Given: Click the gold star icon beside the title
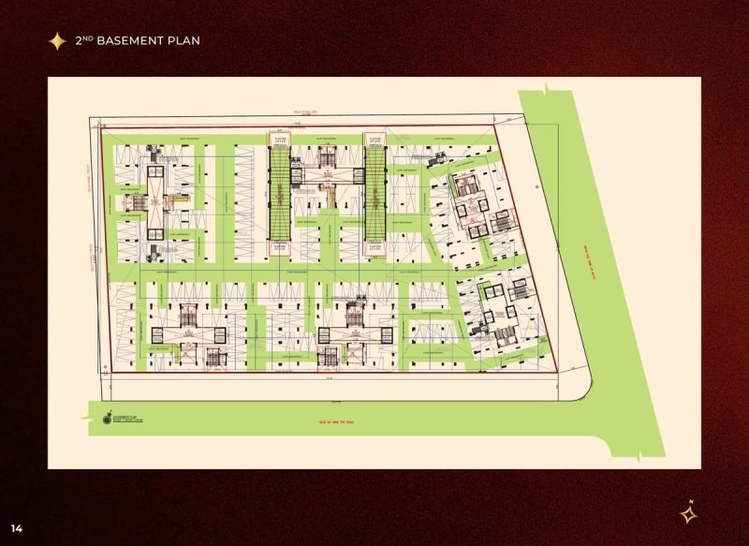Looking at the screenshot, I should pos(57,40).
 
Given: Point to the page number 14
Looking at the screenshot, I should pos(17,528).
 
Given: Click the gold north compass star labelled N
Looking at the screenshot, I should pos(688,512).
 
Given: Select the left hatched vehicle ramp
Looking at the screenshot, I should pos(279,195).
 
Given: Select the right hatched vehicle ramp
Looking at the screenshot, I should pos(374,195).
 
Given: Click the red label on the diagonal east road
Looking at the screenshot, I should pos(591,262).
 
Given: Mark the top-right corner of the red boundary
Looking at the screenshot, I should pos(493,126).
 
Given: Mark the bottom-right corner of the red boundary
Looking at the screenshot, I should pos(558,371).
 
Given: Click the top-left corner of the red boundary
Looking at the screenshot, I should pos(101,126).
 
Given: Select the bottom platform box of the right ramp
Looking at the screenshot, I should pos(374,247).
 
